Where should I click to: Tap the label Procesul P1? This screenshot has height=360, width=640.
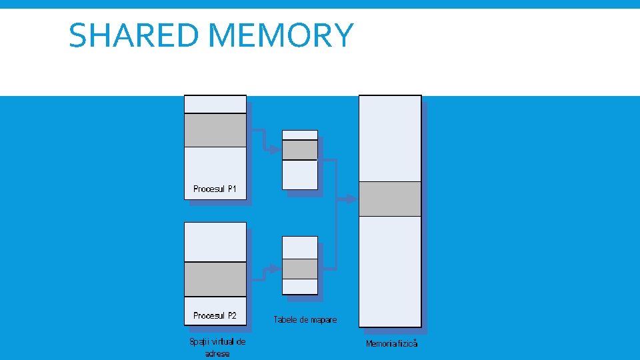pyautogui.click(x=215, y=189)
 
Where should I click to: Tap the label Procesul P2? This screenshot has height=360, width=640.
pyautogui.click(x=215, y=315)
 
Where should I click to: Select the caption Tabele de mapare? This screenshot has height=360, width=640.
pyautogui.click(x=305, y=320)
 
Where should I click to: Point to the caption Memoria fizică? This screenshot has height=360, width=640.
pyautogui.click(x=391, y=344)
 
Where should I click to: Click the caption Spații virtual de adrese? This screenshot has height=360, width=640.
pyautogui.click(x=217, y=347)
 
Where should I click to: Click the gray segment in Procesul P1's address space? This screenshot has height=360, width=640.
pyautogui.click(x=215, y=130)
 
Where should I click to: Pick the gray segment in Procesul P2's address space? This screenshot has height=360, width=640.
pyautogui.click(x=215, y=279)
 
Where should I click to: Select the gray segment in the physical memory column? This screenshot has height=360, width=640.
pyautogui.click(x=390, y=199)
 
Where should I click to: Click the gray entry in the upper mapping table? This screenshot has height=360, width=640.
pyautogui.click(x=300, y=150)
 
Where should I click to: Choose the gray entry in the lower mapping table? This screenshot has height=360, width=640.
pyautogui.click(x=300, y=269)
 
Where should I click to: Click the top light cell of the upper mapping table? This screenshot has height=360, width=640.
pyautogui.click(x=300, y=135)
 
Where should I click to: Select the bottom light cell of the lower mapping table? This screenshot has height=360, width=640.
pyautogui.click(x=300, y=286)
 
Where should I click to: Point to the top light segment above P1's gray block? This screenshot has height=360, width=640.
pyautogui.click(x=215, y=104)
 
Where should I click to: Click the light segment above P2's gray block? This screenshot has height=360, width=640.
pyautogui.click(x=215, y=241)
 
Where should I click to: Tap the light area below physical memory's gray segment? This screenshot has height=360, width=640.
pyautogui.click(x=390, y=270)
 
